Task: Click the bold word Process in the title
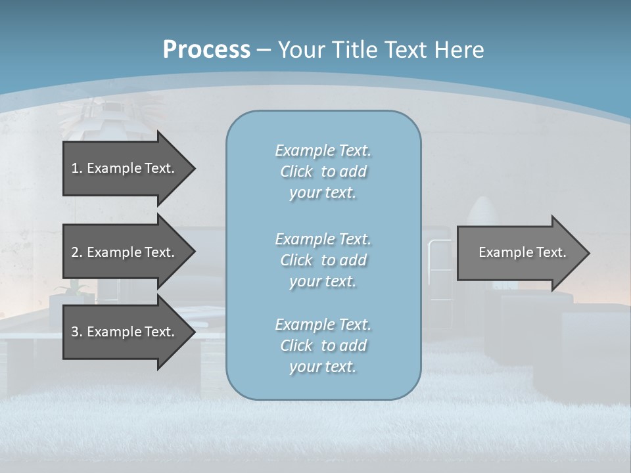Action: pos(206,50)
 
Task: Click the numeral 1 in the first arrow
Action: pos(75,168)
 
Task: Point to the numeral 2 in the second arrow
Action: pos(75,252)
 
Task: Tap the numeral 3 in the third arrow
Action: pos(75,332)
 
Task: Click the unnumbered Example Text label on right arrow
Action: pos(522,252)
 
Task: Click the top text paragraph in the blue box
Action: pos(323,171)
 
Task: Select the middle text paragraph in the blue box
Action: pos(323,260)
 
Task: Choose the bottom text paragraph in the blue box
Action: pos(323,346)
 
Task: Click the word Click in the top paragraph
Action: pos(296,171)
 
